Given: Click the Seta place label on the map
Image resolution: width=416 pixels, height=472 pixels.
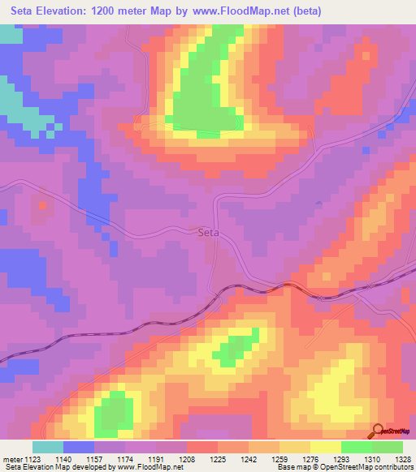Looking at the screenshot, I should [x=209, y=232].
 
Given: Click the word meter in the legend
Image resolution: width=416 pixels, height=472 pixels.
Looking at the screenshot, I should [x=13, y=459].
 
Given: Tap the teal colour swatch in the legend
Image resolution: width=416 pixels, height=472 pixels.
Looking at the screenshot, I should [x=48, y=447].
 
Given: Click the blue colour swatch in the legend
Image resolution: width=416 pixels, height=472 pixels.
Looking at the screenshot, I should [x=79, y=447].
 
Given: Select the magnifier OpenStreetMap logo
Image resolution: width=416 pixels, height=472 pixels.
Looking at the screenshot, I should [x=378, y=431].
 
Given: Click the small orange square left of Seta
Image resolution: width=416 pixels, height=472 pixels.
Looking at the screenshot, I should [x=41, y=205].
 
